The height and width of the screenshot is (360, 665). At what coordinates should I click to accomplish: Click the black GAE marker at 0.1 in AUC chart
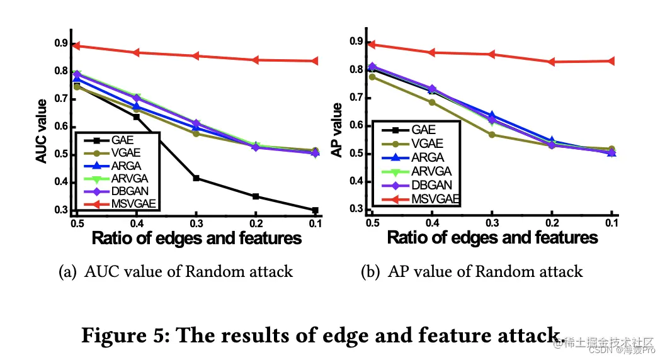tap(315, 210)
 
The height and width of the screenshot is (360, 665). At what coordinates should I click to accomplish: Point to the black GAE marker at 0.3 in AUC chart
tap(196, 178)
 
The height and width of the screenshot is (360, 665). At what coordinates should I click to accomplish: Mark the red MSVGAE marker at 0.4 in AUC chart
tap(137, 52)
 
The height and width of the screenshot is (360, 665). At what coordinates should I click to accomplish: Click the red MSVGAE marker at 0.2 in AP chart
tap(552, 62)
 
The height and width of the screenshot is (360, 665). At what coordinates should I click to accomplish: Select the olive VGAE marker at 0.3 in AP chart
tap(492, 135)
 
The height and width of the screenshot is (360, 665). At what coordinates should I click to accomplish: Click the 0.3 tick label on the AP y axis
tap(357, 209)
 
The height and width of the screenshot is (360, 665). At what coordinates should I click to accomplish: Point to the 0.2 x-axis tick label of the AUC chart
tap(256, 223)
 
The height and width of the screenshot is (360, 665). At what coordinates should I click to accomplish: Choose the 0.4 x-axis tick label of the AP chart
tap(431, 223)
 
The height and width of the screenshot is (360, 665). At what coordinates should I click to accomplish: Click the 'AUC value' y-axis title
tap(42, 131)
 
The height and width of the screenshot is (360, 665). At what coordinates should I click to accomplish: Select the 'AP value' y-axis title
tap(337, 130)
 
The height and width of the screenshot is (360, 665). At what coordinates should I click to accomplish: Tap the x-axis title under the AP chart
tap(492, 238)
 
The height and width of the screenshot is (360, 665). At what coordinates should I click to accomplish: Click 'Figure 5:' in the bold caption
tap(123, 335)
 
